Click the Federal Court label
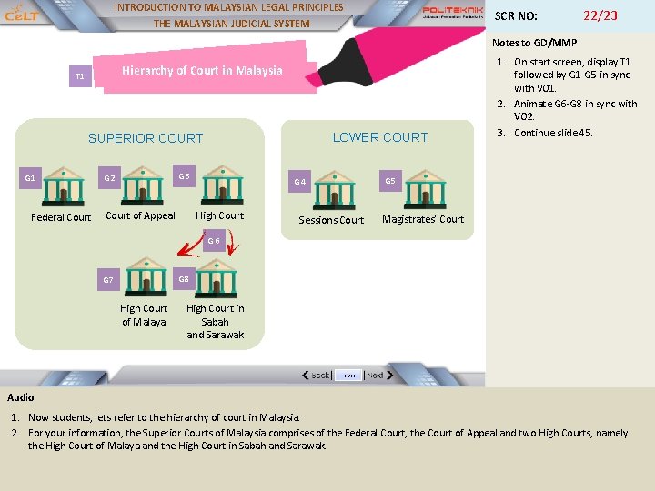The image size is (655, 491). [x=61, y=217]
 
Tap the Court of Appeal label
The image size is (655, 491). [x=140, y=215]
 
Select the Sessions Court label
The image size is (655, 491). [x=331, y=220]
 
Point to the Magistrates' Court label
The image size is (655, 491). [x=423, y=219]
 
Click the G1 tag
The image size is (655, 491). [x=30, y=178]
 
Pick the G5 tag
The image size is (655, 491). [x=390, y=181]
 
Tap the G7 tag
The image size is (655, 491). [x=108, y=280]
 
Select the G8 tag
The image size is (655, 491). [x=184, y=279]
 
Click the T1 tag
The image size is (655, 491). [x=79, y=76]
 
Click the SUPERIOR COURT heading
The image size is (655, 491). [x=146, y=138]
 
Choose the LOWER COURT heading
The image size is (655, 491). [x=379, y=137]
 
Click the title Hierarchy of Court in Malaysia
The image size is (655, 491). [x=202, y=70]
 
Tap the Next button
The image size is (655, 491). [x=376, y=375]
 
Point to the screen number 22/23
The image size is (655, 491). [x=600, y=15]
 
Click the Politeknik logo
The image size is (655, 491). [x=452, y=13]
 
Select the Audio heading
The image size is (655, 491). [x=21, y=397]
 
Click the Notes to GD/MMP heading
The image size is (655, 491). [x=534, y=43]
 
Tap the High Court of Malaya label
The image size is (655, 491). [x=144, y=315]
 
